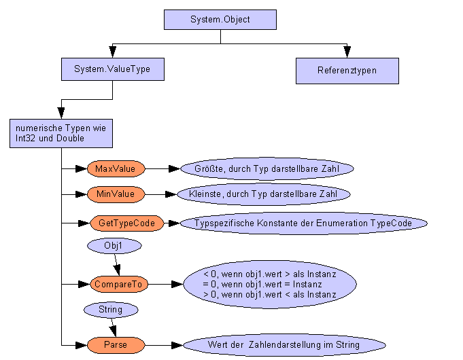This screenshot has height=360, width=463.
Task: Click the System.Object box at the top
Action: (x=220, y=19)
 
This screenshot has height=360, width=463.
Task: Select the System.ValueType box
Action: (x=112, y=69)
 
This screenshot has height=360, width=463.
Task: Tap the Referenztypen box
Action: (x=347, y=70)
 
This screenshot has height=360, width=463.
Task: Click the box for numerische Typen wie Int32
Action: (x=61, y=133)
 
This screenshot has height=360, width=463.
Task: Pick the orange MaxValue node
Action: (x=115, y=168)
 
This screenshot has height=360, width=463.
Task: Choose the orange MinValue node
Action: (x=115, y=194)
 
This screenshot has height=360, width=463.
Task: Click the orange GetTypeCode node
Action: (x=127, y=223)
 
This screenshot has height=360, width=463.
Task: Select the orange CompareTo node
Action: (x=120, y=284)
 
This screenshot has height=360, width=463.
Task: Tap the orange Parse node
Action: (x=116, y=345)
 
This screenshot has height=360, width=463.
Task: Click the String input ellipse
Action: (x=110, y=310)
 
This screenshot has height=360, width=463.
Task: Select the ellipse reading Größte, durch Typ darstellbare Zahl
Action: (x=266, y=168)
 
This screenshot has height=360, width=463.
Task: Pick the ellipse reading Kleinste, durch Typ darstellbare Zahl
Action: (x=264, y=194)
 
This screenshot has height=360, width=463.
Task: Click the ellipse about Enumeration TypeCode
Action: (x=303, y=223)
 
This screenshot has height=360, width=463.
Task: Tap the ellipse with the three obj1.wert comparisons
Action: (x=270, y=284)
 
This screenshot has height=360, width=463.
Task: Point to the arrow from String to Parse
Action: (x=113, y=327)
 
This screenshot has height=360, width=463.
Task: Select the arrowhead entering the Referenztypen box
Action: (x=347, y=53)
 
